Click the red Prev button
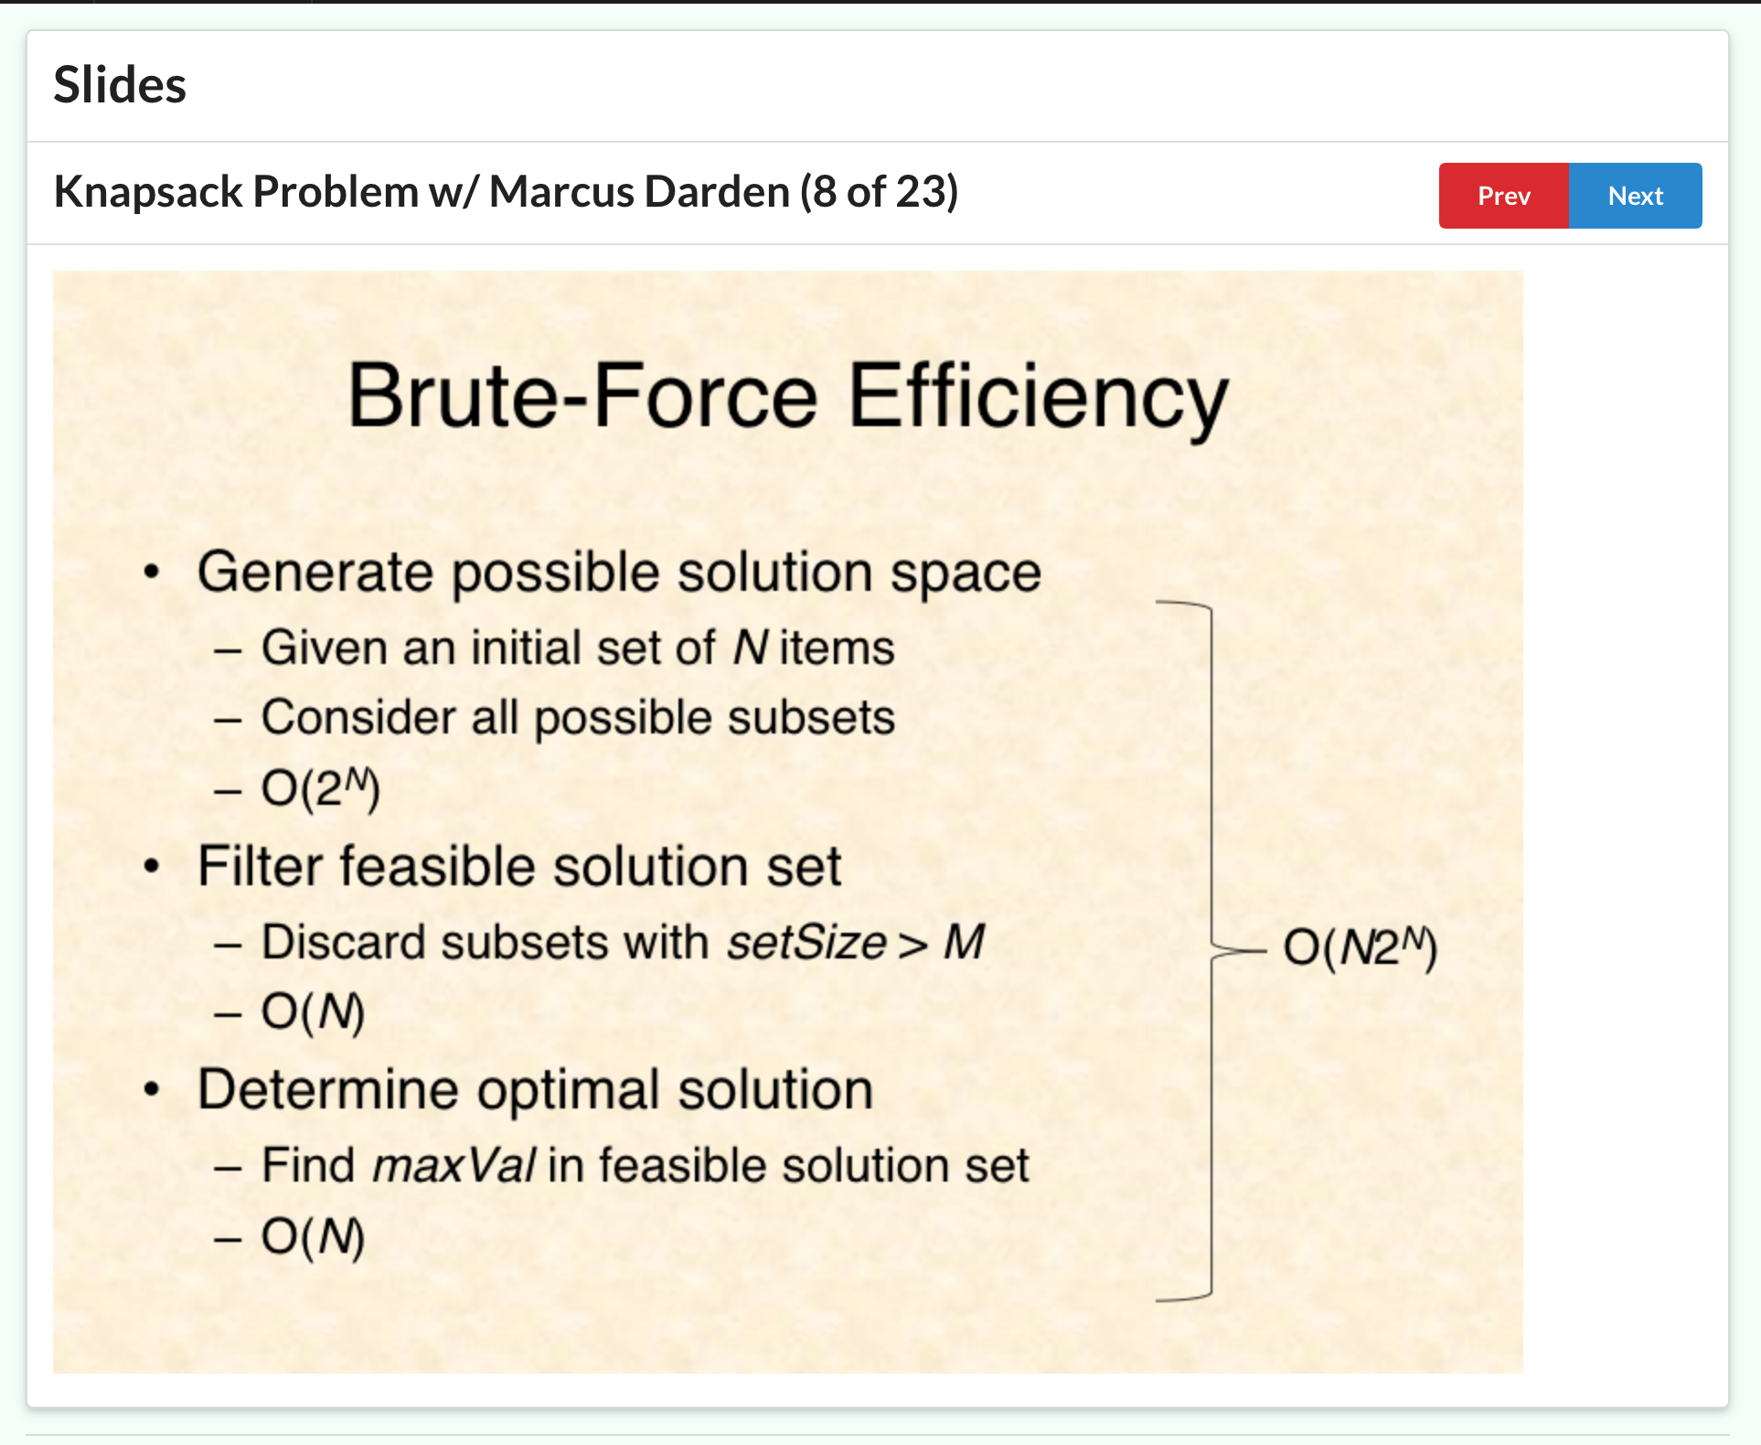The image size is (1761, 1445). [x=1504, y=196]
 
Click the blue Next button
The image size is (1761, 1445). [x=1636, y=196]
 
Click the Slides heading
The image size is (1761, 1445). [x=120, y=85]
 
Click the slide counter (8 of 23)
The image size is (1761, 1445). [x=880, y=192]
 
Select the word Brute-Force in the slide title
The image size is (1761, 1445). [x=582, y=396]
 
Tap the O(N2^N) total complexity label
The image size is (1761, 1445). [x=1361, y=947]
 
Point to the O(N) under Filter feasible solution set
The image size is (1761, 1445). [x=313, y=1012]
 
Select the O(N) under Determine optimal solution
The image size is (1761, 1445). [x=313, y=1236]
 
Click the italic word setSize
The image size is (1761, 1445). [x=806, y=942]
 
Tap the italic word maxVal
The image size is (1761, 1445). [x=454, y=1166]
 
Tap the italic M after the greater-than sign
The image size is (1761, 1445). [x=964, y=942]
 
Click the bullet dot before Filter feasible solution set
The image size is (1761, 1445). [x=152, y=866]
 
